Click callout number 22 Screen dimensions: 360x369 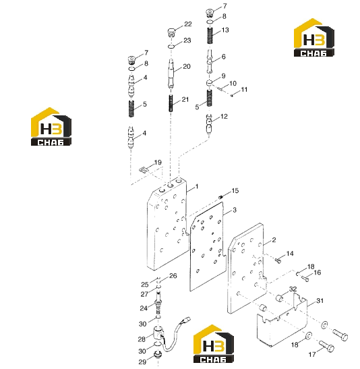coord(188,24)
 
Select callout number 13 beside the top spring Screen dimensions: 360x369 coord(225,30)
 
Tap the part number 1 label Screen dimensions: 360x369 coord(197,187)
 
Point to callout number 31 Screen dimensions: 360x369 coord(320,300)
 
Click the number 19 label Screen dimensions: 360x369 coord(158,163)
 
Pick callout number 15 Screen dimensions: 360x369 coord(235,191)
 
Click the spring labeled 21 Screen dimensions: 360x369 coord(171,103)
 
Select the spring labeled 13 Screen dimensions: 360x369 coord(210,36)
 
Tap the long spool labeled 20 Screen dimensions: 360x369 coord(171,73)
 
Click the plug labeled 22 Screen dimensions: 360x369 coord(172,32)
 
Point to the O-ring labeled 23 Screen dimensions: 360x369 coord(171,47)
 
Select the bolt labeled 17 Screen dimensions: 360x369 coord(327,347)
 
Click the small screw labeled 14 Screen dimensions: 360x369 coord(278,260)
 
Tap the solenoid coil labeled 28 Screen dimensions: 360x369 coord(158,333)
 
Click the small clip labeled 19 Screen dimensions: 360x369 coord(143,169)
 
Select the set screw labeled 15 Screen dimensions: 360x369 coord(220,197)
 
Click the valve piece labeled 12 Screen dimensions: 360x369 coord(209,124)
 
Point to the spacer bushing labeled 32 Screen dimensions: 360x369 coord(280,298)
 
